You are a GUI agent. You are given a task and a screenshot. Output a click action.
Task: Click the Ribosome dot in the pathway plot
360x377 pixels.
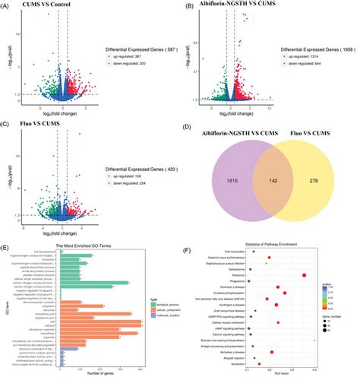pos(305,275)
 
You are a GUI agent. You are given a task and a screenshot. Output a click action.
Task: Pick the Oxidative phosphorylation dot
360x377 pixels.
pos(285,293)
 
